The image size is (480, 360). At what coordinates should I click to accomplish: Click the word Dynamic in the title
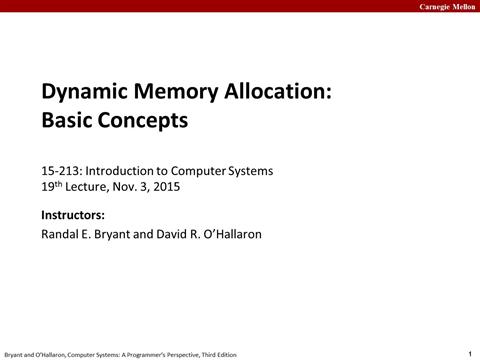pyautogui.click(x=83, y=95)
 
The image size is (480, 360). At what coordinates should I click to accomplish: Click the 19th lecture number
pyautogui.click(x=51, y=186)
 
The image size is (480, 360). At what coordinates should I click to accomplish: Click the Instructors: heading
pyautogui.click(x=73, y=215)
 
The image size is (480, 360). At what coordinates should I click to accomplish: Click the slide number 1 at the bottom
pyautogui.click(x=470, y=352)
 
